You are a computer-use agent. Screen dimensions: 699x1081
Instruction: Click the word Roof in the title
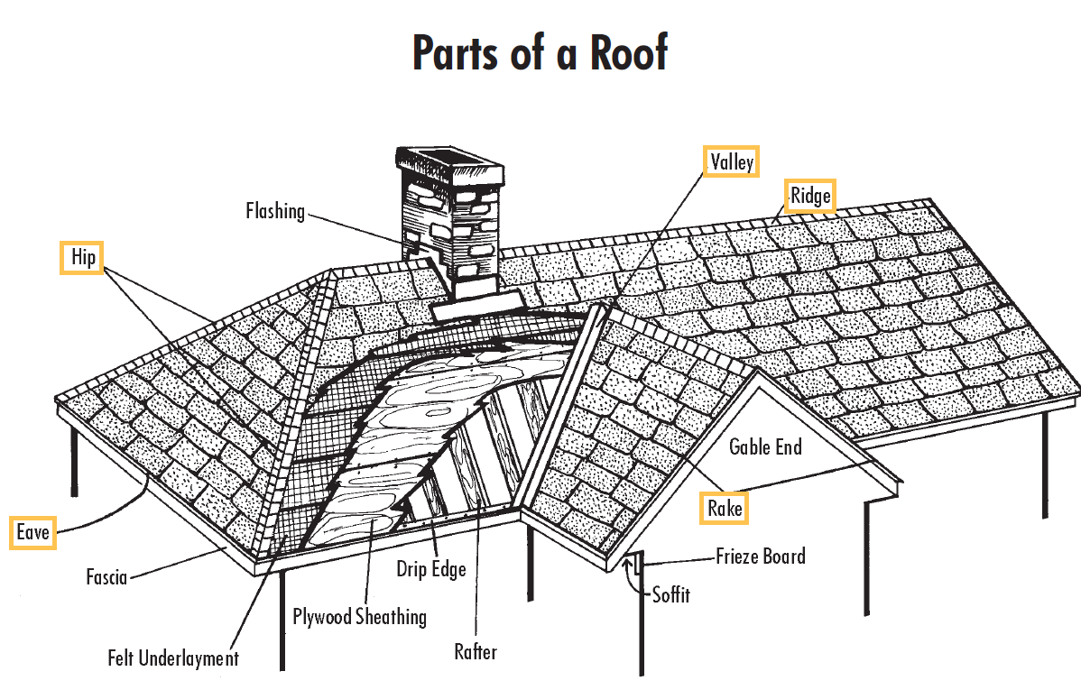click(629, 53)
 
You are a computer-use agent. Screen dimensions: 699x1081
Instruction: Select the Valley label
click(731, 161)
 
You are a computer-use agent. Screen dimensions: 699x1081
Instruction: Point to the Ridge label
click(809, 195)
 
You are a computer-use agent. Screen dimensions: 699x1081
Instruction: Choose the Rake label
click(725, 509)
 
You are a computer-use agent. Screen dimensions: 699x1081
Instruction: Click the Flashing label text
click(275, 211)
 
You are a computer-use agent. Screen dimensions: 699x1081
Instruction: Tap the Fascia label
click(106, 575)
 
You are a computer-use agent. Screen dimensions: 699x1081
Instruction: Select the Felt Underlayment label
click(173, 658)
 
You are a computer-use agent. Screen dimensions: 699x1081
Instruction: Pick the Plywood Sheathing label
click(359, 617)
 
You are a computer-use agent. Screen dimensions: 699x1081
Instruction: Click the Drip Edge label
click(431, 569)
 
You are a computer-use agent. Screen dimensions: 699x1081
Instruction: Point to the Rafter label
click(476, 651)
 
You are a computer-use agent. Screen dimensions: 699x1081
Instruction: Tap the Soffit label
click(670, 595)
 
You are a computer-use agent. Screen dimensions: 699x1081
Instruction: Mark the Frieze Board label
click(760, 556)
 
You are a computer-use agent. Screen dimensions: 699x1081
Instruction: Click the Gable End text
click(765, 446)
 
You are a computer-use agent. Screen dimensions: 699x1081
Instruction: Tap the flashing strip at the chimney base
click(475, 309)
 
